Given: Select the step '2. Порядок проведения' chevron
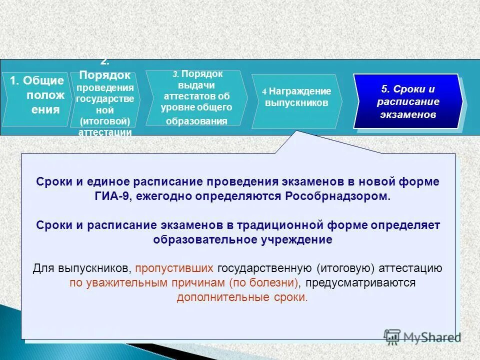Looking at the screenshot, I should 105,97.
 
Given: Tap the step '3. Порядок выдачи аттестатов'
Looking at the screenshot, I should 196,97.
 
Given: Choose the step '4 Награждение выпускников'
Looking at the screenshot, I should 296,97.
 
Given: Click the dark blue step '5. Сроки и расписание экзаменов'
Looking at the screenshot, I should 407,101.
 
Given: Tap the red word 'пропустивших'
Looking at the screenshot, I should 173,268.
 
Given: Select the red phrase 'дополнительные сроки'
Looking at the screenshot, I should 242,297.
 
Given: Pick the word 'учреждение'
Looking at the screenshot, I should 303,239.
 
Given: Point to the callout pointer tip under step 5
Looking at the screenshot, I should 298,132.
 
